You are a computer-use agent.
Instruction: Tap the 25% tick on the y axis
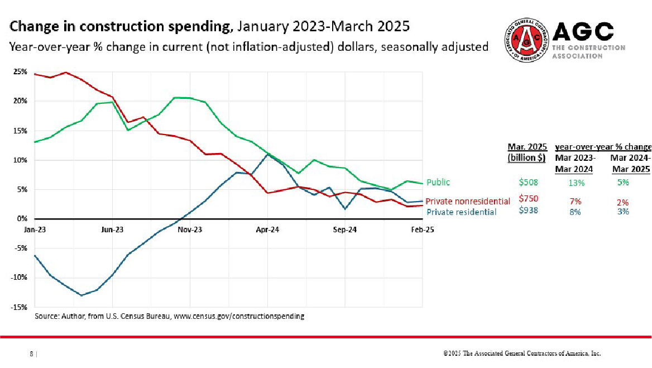(x=21, y=72)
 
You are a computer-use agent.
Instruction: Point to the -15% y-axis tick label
(x=20, y=307)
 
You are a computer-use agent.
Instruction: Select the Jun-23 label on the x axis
(x=113, y=230)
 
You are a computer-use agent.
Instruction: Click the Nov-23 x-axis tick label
(x=190, y=230)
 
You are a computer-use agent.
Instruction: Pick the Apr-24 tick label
(x=268, y=230)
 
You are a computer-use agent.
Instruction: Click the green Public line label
(x=438, y=182)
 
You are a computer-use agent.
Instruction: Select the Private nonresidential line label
(x=468, y=201)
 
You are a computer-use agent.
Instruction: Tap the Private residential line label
(x=462, y=212)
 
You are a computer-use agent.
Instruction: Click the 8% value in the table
(x=576, y=212)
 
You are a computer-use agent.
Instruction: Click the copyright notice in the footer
(x=522, y=353)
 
